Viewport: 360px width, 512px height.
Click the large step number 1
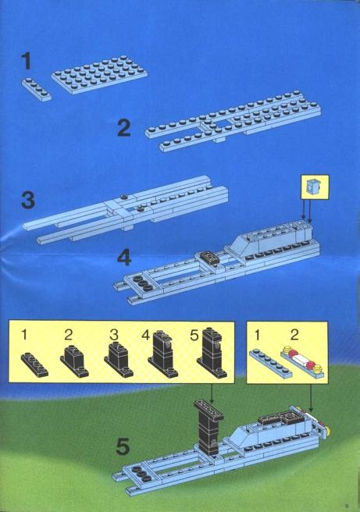tap(27, 62)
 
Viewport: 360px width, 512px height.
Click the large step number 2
tap(124, 128)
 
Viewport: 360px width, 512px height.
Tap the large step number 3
tap(28, 200)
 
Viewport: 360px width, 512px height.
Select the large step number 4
tap(124, 258)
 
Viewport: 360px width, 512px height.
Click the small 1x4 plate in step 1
tap(37, 90)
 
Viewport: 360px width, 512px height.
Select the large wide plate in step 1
tap(99, 75)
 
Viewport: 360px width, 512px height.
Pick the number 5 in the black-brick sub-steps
tap(194, 336)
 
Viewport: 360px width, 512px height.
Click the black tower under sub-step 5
tap(212, 353)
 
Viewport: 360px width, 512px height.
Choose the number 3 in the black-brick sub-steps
tap(113, 335)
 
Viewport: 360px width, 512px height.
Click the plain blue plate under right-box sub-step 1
tap(270, 362)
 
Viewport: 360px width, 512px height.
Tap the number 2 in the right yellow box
tap(294, 335)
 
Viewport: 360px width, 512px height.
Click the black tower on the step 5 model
tap(209, 427)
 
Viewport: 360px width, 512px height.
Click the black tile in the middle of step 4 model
tap(210, 258)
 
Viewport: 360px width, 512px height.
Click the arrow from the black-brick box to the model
tap(212, 393)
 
